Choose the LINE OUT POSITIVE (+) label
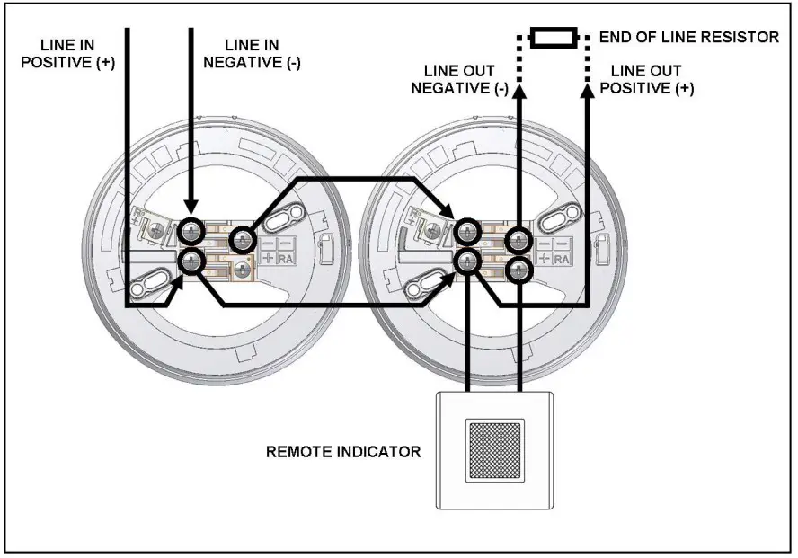pyautogui.click(x=646, y=79)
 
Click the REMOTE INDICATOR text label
pyautogui.click(x=343, y=451)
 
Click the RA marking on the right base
pyautogui.click(x=563, y=260)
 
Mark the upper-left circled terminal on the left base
pyautogui.click(x=191, y=232)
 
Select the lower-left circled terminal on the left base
pyautogui.click(x=191, y=261)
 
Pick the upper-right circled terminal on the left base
pyautogui.click(x=243, y=239)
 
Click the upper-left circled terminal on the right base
pyautogui.click(x=466, y=232)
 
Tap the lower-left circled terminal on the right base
pyautogui.click(x=466, y=261)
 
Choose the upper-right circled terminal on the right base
pyautogui.click(x=518, y=239)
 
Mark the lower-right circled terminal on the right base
pyautogui.click(x=518, y=270)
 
